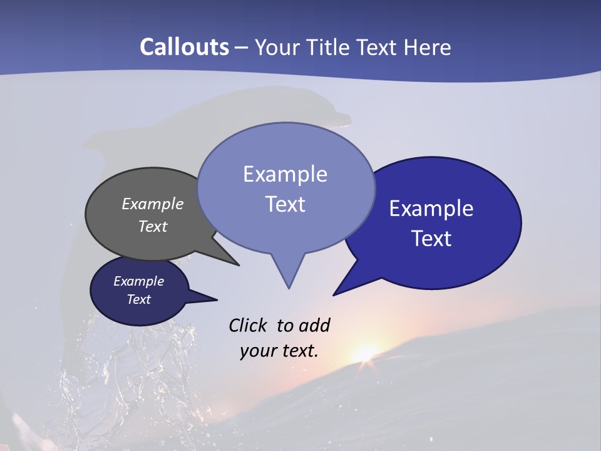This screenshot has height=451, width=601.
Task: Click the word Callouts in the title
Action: tap(184, 47)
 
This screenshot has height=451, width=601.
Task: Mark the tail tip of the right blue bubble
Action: tap(334, 294)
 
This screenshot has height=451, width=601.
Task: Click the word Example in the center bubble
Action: tap(285, 174)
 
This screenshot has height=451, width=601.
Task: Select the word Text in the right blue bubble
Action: tap(431, 239)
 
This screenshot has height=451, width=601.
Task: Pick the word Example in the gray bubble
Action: tap(153, 204)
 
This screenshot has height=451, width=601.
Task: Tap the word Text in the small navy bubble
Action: tap(139, 299)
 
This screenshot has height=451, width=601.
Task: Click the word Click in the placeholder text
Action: tap(248, 325)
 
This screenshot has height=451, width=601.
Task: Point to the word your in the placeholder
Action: tap(258, 351)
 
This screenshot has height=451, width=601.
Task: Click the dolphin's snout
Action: tap(342, 118)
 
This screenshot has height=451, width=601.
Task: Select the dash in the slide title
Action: tap(242, 48)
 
